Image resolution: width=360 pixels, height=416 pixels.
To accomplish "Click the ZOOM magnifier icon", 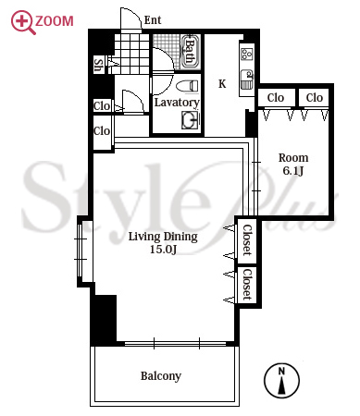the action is coord(22,21).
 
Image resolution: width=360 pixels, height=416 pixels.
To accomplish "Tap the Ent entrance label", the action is coord(153,20).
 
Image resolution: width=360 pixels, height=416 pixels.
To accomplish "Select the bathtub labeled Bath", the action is coord(191,52).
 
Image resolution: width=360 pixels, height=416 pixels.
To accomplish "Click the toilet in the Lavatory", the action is coord(188,86).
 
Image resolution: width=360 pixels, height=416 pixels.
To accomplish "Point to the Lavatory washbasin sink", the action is coord(191,120).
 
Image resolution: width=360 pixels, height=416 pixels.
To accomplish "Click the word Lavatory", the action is coord(177,103).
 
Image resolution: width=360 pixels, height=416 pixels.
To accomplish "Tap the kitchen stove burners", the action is coord(247,54).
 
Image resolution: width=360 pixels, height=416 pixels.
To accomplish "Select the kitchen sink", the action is coord(247,80).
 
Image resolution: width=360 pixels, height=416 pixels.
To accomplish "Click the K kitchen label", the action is coord(222,84).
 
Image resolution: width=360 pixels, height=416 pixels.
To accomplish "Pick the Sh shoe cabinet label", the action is coord(98,66).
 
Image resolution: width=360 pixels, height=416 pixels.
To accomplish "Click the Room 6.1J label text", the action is coord(293,164).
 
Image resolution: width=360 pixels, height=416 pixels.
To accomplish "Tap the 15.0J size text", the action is coord(163,250).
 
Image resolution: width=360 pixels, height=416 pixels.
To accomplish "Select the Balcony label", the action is coord(161,376).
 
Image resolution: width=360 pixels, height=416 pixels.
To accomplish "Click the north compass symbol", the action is coord(281,381).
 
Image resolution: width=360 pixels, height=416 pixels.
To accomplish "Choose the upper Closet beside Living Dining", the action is coord(246,240).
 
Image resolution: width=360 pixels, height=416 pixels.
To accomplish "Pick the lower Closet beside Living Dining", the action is coord(246,285).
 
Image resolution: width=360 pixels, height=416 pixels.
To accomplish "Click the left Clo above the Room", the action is coord(276,98).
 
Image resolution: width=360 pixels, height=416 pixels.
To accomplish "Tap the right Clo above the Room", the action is coord(315,98).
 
